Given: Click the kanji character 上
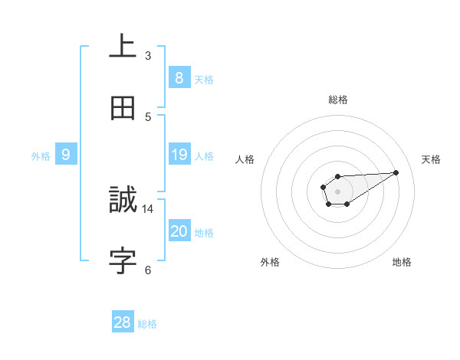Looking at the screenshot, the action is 123,47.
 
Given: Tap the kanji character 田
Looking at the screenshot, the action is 123,108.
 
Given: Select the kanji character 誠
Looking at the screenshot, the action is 123,200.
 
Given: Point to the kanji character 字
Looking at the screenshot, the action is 123,261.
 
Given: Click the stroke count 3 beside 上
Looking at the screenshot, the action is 148,55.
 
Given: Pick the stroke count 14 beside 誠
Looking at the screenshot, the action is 148,208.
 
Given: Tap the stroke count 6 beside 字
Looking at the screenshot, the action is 148,270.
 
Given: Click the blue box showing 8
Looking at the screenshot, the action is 179,78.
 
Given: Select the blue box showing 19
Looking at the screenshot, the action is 179,155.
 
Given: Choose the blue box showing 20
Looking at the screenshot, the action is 179,231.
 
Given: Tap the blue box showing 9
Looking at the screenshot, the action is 66,155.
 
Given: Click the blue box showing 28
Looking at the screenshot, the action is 123,322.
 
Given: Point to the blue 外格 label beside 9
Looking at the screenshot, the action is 41,156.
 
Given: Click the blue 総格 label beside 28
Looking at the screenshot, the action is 147,324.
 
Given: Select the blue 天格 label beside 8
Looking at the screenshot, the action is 203,80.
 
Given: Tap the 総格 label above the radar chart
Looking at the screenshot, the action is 337,100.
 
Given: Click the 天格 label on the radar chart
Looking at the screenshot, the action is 431,159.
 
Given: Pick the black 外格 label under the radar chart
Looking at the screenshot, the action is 270,262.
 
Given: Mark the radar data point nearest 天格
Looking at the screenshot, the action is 396,172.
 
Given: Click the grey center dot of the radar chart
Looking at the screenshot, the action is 337,191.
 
